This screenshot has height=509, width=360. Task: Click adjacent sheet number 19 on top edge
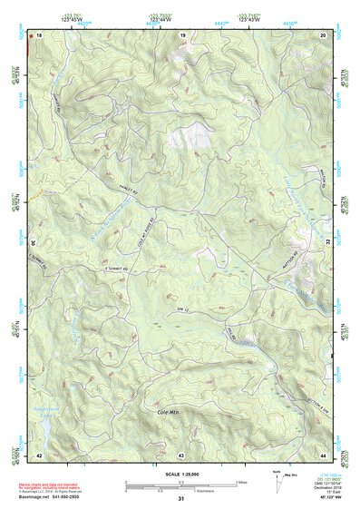coord(182,34)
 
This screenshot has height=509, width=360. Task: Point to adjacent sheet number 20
coord(323,34)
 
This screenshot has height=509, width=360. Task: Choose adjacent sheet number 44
coord(323,454)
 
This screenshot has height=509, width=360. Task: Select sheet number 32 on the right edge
coord(328,243)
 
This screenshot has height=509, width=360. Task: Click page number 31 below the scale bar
coord(181,499)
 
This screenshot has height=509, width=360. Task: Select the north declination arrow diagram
coord(277,481)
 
